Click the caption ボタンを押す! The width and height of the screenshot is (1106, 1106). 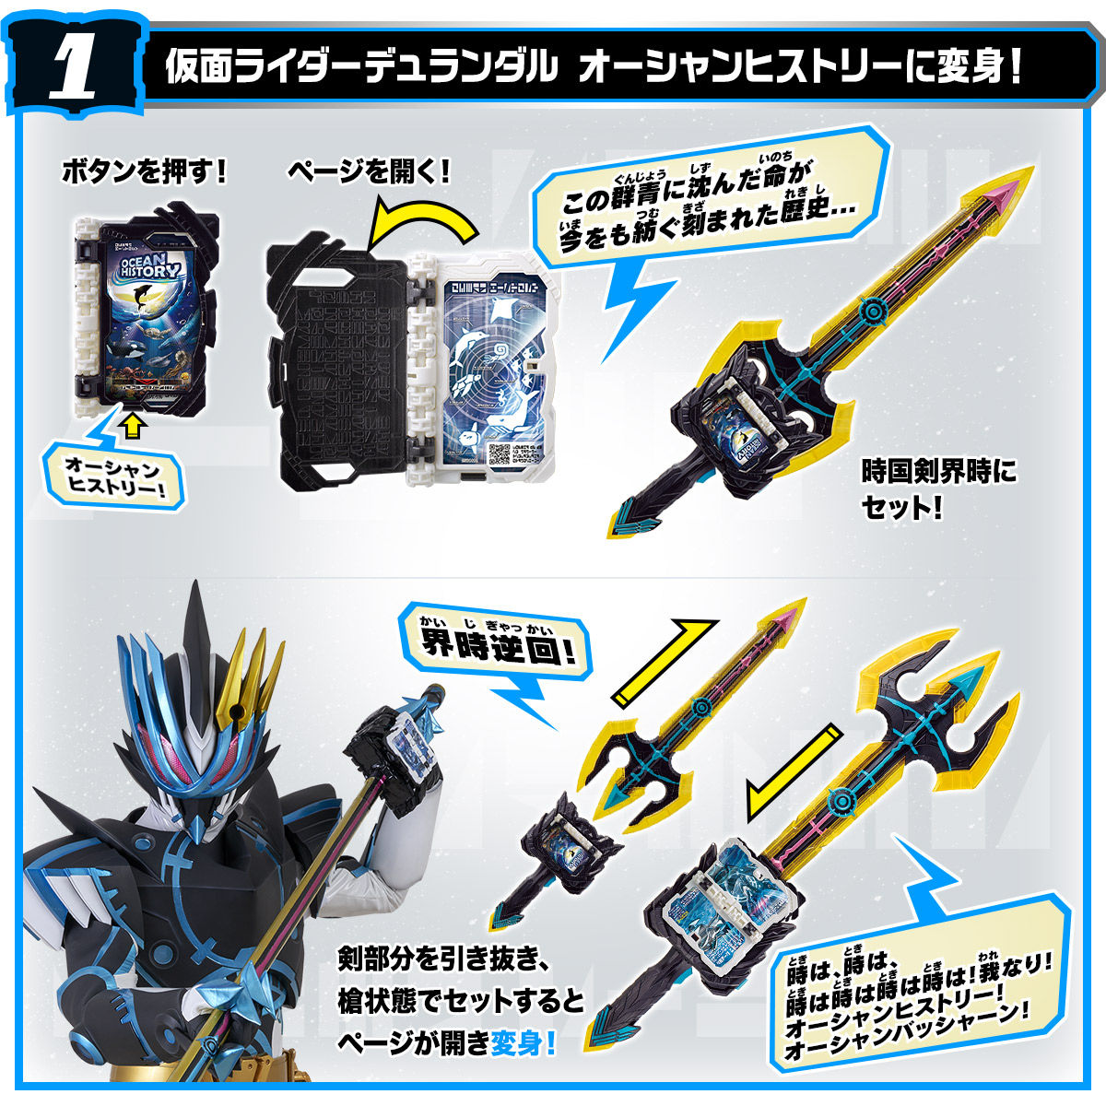(x=143, y=171)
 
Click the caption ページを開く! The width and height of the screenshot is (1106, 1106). (x=369, y=171)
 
